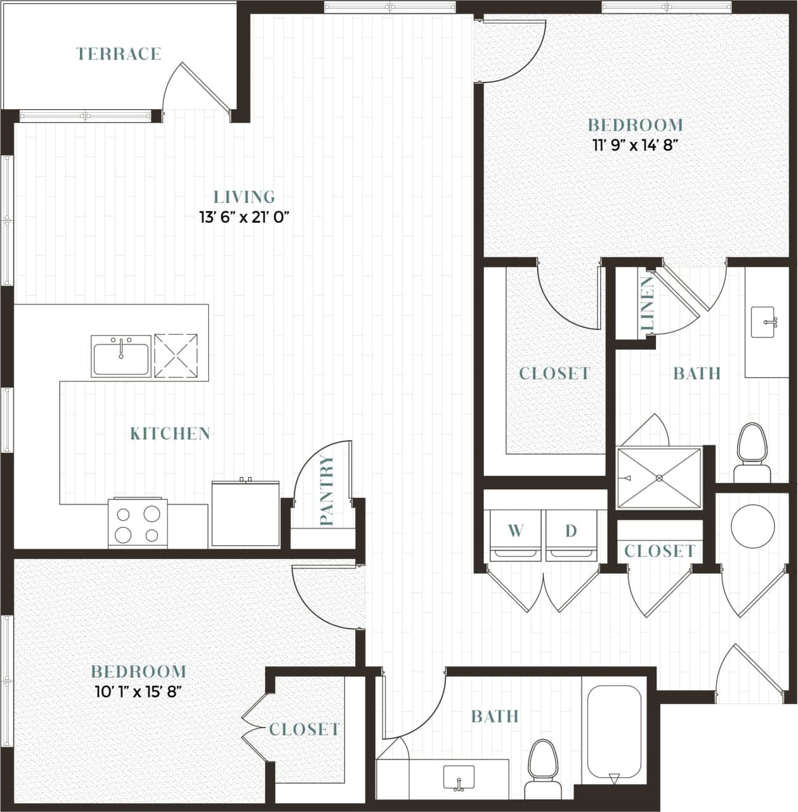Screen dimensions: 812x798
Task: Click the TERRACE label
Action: click(119, 54)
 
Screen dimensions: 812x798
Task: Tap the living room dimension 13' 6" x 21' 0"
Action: click(244, 217)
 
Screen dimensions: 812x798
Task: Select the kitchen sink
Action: click(121, 357)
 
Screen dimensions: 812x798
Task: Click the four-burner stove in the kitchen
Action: click(138, 523)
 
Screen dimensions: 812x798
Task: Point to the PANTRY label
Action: click(327, 490)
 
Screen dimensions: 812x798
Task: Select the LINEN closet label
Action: click(647, 303)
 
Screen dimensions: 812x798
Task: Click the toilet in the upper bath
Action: click(752, 453)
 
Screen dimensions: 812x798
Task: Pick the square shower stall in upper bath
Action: click(660, 478)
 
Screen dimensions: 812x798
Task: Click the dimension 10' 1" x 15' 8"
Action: click(138, 691)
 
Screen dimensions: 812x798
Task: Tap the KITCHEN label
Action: click(170, 434)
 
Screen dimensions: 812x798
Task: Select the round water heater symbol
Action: click(752, 527)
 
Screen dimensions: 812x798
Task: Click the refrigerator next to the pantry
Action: click(245, 514)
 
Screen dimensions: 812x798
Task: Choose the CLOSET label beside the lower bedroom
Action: click(304, 730)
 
